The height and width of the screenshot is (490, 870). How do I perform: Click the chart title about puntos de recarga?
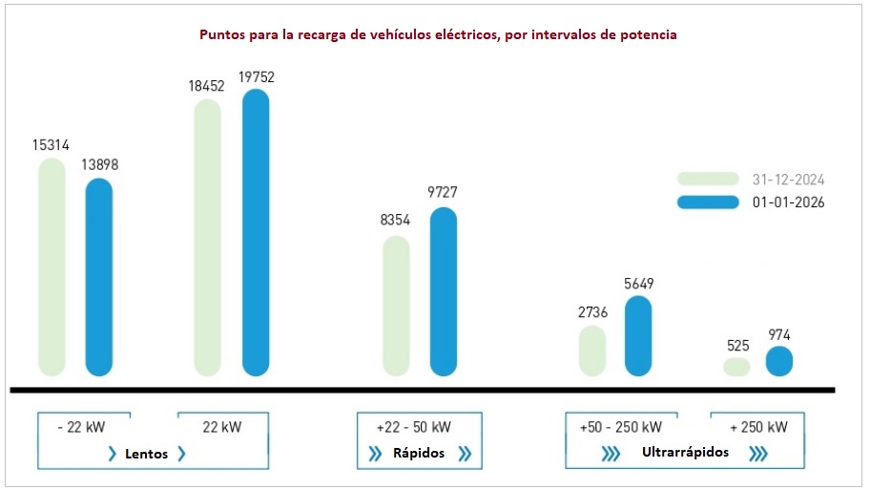pyautogui.click(x=438, y=34)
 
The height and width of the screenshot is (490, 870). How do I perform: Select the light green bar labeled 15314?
pyautogui.click(x=52, y=267)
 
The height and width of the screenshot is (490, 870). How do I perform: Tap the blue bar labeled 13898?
pyautogui.click(x=99, y=277)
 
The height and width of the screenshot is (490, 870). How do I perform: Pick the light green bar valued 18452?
pyautogui.click(x=208, y=238)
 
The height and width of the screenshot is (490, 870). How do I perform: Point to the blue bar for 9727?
pyautogui.click(x=444, y=291)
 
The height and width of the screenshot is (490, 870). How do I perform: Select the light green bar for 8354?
pyautogui.click(x=396, y=306)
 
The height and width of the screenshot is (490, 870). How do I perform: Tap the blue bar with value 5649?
pyautogui.click(x=638, y=335)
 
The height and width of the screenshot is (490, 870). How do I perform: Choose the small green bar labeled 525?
pyautogui.click(x=737, y=367)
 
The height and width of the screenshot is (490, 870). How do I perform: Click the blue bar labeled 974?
pyautogui.click(x=779, y=361)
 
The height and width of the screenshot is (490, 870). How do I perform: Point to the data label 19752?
pyautogui.click(x=256, y=77)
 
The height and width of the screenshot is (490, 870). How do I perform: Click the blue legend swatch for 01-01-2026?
pyautogui.click(x=708, y=202)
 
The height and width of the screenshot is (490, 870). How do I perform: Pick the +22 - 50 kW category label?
pyautogui.click(x=414, y=427)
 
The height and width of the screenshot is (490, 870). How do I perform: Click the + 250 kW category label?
pyautogui.click(x=759, y=427)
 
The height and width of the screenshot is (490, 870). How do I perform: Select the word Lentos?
pyautogui.click(x=146, y=454)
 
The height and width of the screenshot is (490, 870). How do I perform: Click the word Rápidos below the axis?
pyautogui.click(x=419, y=454)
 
